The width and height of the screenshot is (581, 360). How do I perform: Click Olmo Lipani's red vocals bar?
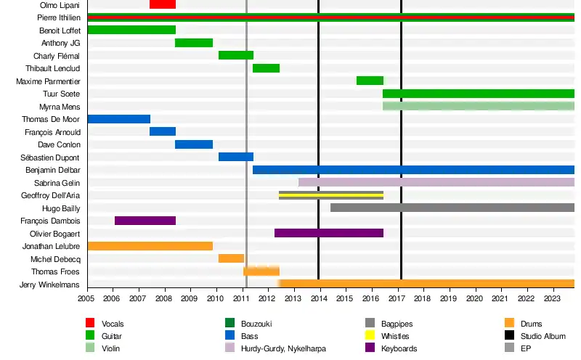162,4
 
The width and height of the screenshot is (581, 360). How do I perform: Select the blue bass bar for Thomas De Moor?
118,119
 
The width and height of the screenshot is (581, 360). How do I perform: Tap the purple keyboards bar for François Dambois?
145,221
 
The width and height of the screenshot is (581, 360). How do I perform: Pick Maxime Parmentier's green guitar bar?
370,81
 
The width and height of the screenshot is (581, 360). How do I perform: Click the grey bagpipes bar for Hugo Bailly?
452,208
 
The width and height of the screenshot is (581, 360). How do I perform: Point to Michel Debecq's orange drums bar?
232,258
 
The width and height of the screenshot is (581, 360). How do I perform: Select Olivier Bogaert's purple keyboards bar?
328,233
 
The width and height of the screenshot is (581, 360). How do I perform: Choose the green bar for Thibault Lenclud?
266,68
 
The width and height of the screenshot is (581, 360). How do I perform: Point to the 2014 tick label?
318,298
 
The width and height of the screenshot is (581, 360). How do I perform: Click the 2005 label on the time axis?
87,298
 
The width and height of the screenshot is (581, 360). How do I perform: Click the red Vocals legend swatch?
90,323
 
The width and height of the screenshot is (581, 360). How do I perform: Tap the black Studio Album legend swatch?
508,336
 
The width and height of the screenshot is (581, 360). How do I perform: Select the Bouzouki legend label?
258,324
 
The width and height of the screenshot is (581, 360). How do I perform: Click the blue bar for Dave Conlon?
193,144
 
